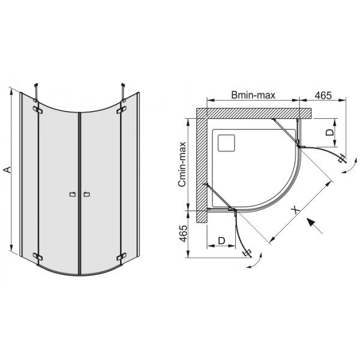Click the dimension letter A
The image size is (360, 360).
point(7,170)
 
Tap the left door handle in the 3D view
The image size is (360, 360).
point(72,194)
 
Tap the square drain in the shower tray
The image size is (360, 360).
point(227,143)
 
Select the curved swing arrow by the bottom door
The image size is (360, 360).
point(255,263)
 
